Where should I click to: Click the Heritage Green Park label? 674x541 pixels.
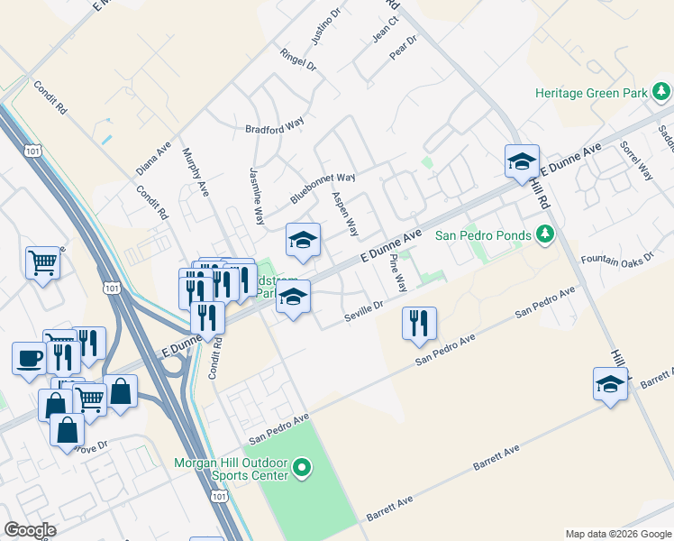click(592, 93)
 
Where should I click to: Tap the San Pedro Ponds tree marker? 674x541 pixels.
click(544, 235)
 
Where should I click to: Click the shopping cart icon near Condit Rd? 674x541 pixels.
click(42, 263)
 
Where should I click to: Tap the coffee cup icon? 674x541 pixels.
click(29, 358)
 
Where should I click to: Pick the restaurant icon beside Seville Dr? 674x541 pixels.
click(419, 324)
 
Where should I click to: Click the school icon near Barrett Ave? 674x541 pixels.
click(610, 384)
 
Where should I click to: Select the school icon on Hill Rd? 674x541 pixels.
click(522, 161)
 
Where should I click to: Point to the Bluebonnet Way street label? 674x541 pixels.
click(323, 188)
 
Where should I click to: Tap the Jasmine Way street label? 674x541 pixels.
click(257, 196)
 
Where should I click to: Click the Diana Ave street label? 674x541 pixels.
click(152, 159)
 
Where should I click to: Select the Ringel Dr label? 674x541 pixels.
click(298, 60)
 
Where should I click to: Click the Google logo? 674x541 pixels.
click(30, 530)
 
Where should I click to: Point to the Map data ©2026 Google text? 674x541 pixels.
click(618, 534)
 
